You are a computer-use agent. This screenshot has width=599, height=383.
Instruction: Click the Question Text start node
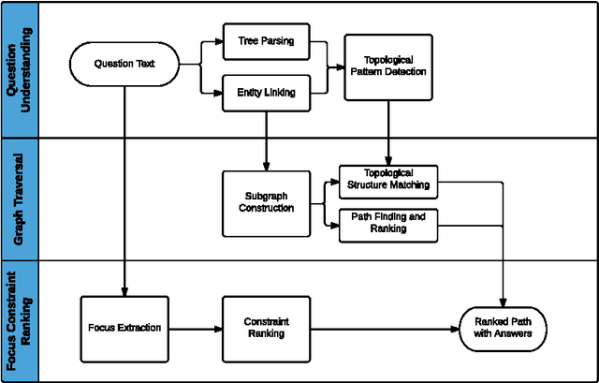pyautogui.click(x=124, y=64)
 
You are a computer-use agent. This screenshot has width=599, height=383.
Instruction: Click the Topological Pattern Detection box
pyautogui.click(x=388, y=66)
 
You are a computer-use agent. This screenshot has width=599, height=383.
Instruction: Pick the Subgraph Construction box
pyautogui.click(x=268, y=201)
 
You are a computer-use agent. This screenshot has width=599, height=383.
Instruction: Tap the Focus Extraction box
pyautogui.click(x=124, y=328)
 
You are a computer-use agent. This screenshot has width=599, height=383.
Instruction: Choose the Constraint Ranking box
pyautogui.click(x=267, y=328)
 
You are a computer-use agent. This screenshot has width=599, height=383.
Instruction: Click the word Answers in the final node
pyautogui.click(x=517, y=334)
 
